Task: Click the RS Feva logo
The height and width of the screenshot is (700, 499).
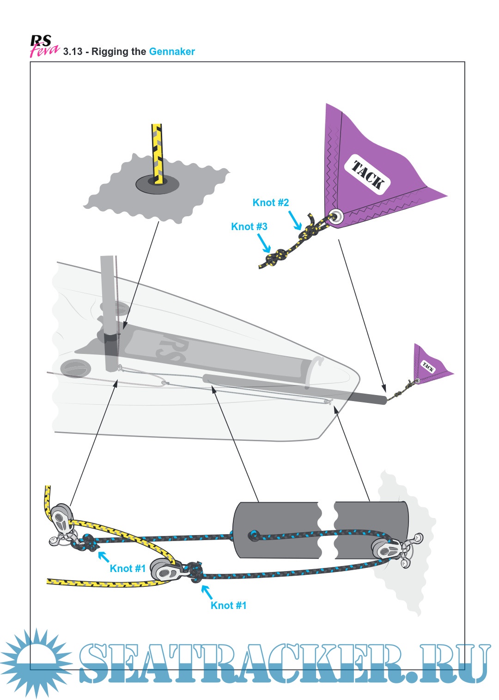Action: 44,46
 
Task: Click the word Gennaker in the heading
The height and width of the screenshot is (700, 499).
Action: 171,52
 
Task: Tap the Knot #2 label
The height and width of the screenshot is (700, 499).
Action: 270,202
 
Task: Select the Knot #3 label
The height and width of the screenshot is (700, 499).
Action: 249,226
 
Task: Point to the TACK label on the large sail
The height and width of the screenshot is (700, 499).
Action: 368,175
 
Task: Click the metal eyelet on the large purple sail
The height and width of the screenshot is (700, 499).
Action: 336,216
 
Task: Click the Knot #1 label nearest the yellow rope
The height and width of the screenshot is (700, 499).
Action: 128,568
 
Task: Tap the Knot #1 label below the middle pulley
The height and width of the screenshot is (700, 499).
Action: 228,605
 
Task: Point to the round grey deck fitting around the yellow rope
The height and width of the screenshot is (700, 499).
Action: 157,184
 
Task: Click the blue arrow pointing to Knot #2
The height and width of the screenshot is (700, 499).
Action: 295,220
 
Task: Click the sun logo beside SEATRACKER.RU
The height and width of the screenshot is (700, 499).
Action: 35,662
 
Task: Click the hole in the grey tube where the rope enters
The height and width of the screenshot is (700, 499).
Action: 254,536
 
